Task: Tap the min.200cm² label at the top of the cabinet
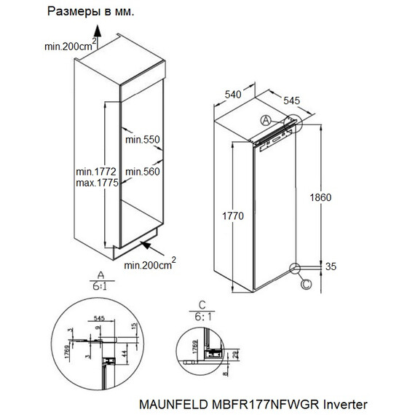point(70,46)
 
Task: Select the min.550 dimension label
point(141,139)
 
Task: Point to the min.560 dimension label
point(141,171)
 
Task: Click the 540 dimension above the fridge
point(233,94)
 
